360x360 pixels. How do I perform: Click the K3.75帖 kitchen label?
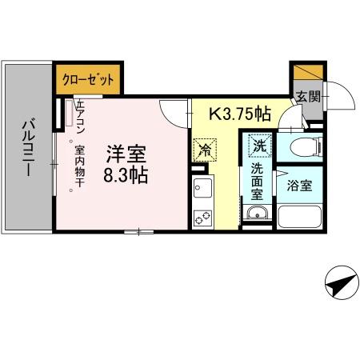point(239,115)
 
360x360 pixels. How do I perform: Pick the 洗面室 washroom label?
point(258,182)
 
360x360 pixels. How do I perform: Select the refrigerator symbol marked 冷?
point(204,149)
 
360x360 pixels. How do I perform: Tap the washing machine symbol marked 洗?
point(258,146)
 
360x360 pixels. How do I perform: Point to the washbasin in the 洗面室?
point(258,214)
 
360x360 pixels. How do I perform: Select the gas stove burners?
point(202,215)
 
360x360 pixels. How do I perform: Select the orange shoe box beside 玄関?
point(305,72)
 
